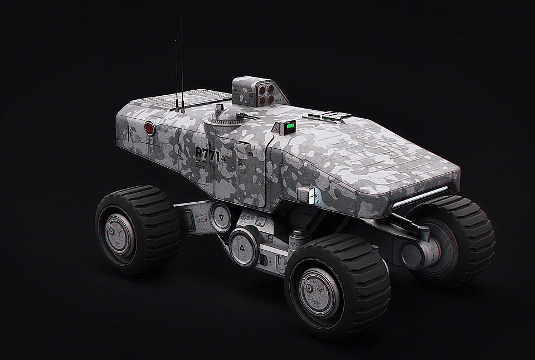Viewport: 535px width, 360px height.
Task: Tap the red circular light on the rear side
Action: pyautogui.click(x=149, y=129)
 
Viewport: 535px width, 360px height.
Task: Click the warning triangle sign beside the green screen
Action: pyautogui.click(x=276, y=129)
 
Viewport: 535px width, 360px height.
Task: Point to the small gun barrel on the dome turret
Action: pyautogui.click(x=246, y=116)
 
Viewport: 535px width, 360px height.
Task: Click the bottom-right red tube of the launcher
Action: pyautogui.click(x=270, y=99)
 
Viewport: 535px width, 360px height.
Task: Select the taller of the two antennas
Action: pyautogui.click(x=182, y=61)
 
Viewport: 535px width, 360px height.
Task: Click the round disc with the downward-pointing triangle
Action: pyautogui.click(x=220, y=216)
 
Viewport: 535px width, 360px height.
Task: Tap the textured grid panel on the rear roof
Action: pyautogui.click(x=167, y=99)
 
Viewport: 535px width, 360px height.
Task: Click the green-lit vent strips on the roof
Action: pyautogui.click(x=329, y=116)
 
